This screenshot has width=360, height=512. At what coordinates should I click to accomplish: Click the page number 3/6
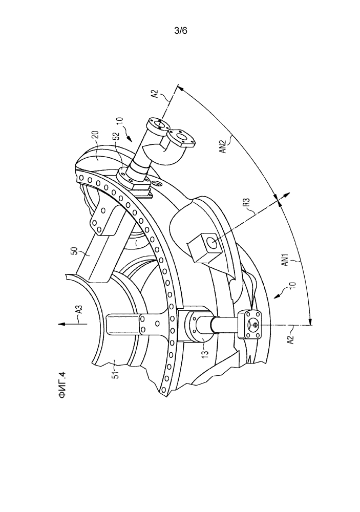click(181, 31)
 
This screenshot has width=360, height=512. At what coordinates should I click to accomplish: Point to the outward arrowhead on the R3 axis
click(286, 195)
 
